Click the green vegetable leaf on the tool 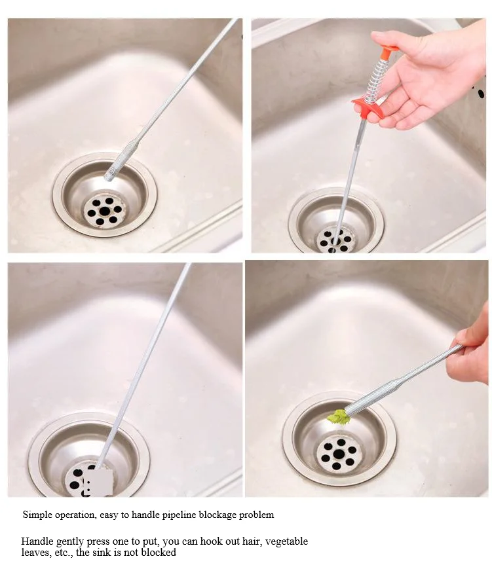(339, 417)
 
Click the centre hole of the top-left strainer (105, 211)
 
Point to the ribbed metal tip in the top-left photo (120, 161)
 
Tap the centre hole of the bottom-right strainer (338, 454)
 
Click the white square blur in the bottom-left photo (98, 482)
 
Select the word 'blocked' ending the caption (159, 553)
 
